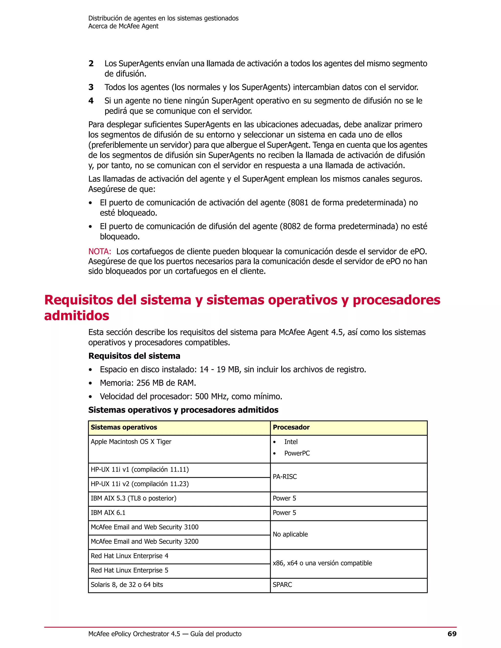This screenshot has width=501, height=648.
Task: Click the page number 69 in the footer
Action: tap(452, 634)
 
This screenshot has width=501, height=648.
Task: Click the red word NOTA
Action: tap(99, 251)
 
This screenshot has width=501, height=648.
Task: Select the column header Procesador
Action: tap(291, 427)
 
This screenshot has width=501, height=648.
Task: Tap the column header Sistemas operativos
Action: tap(124, 427)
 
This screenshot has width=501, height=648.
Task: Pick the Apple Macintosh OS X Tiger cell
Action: tap(131, 442)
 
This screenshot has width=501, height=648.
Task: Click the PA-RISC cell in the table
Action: tap(285, 477)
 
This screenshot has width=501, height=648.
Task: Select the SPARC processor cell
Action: tap(282, 584)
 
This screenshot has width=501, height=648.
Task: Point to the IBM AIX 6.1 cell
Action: tap(108, 513)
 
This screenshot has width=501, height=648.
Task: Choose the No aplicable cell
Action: tap(290, 534)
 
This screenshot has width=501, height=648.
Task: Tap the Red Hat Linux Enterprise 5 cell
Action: tap(129, 570)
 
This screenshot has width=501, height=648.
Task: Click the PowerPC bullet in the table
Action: tap(297, 453)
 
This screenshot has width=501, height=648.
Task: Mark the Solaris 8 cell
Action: tap(127, 584)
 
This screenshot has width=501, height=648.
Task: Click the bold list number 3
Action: tap(91, 87)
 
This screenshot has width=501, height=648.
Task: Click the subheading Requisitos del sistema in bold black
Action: tap(134, 356)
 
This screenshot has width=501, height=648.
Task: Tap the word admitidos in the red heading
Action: tap(77, 315)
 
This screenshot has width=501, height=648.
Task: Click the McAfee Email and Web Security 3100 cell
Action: tap(145, 527)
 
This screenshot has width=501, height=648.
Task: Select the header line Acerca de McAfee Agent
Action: tap(123, 26)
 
